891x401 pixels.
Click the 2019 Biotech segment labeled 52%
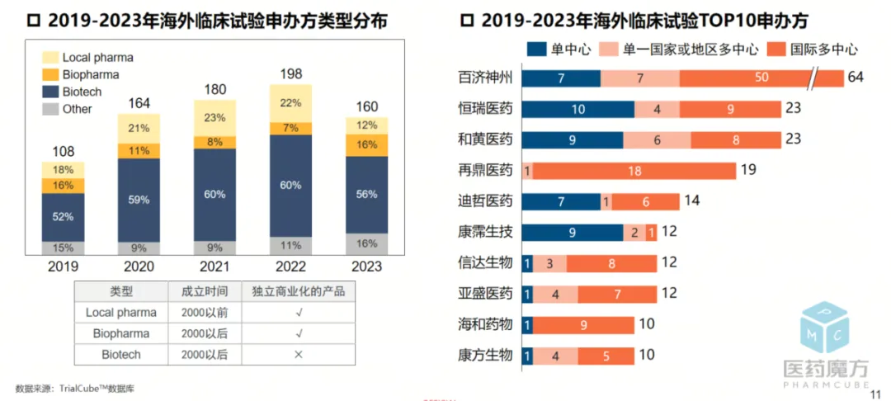(63, 216)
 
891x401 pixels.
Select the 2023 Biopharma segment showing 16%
(366, 144)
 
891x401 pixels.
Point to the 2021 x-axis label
(214, 267)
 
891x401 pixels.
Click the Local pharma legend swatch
(50, 58)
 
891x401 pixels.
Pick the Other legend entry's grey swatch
(50, 109)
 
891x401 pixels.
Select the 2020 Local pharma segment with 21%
(139, 128)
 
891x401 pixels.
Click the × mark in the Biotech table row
(299, 354)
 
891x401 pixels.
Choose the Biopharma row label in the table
(121, 333)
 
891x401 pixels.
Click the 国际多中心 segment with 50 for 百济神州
(761, 78)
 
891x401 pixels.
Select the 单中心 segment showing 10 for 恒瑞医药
(577, 109)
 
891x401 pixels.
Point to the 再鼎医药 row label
(485, 171)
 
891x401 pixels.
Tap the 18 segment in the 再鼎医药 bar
(634, 171)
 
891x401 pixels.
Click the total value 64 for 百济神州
(855, 78)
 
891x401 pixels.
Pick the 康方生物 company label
(485, 356)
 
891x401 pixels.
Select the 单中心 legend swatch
(536, 49)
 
